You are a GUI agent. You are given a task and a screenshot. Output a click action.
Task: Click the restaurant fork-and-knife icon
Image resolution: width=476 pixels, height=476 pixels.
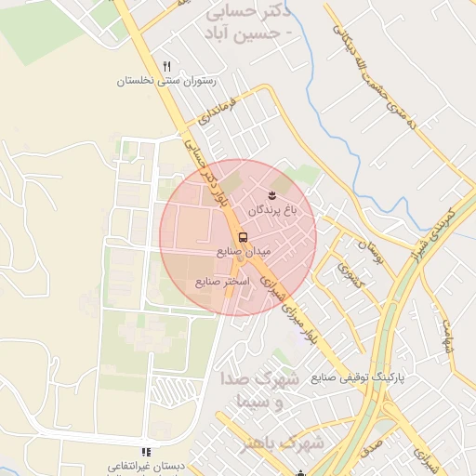(167, 66)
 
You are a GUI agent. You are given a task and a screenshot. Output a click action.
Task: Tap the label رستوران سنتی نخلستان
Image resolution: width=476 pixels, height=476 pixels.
(165, 81)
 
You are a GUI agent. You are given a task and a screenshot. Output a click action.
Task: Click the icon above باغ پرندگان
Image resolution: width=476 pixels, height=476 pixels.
(271, 194)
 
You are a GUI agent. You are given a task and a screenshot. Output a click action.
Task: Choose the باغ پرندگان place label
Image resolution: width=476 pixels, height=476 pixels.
(271, 211)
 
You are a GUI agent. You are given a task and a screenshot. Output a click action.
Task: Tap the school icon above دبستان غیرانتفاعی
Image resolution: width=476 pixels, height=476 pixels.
(144, 451)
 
